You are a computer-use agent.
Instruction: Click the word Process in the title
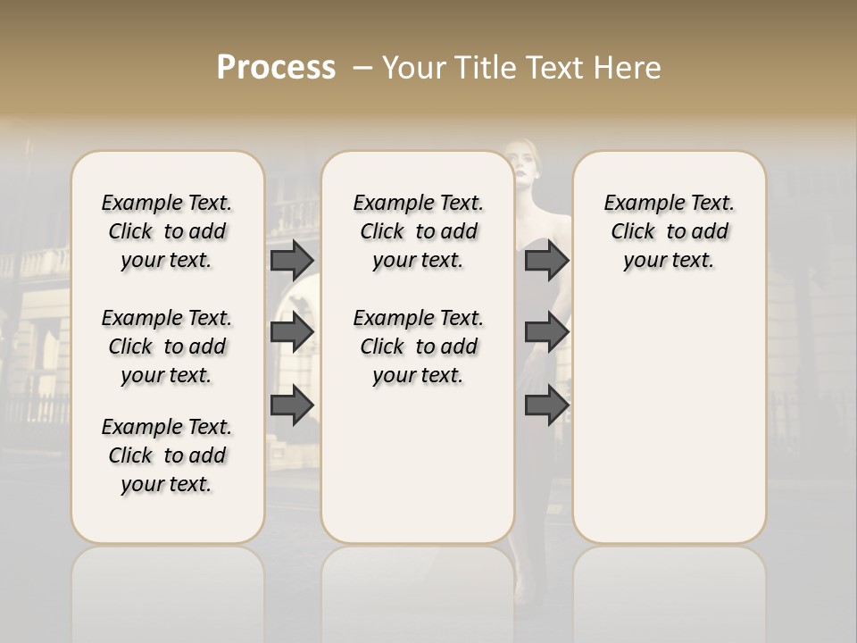click(x=276, y=67)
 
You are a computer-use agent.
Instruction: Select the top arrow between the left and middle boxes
click(x=292, y=261)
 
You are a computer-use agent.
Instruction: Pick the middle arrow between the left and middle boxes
click(x=292, y=332)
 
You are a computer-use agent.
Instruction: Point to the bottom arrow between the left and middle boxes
click(x=292, y=405)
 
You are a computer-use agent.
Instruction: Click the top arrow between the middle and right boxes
click(x=546, y=261)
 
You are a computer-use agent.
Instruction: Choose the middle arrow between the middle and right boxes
click(x=546, y=332)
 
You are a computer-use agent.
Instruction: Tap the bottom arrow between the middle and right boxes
click(x=546, y=405)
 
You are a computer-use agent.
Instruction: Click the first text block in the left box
click(x=167, y=231)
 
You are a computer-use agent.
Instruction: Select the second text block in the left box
click(x=167, y=347)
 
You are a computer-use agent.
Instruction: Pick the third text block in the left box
click(x=167, y=455)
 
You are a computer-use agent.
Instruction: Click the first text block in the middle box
click(x=419, y=231)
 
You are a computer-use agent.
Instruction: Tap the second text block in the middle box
click(x=419, y=347)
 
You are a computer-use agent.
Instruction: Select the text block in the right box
click(x=670, y=231)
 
